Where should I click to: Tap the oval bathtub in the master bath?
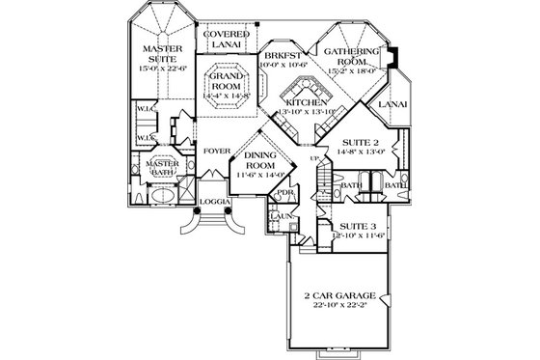click(x=155, y=196)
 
